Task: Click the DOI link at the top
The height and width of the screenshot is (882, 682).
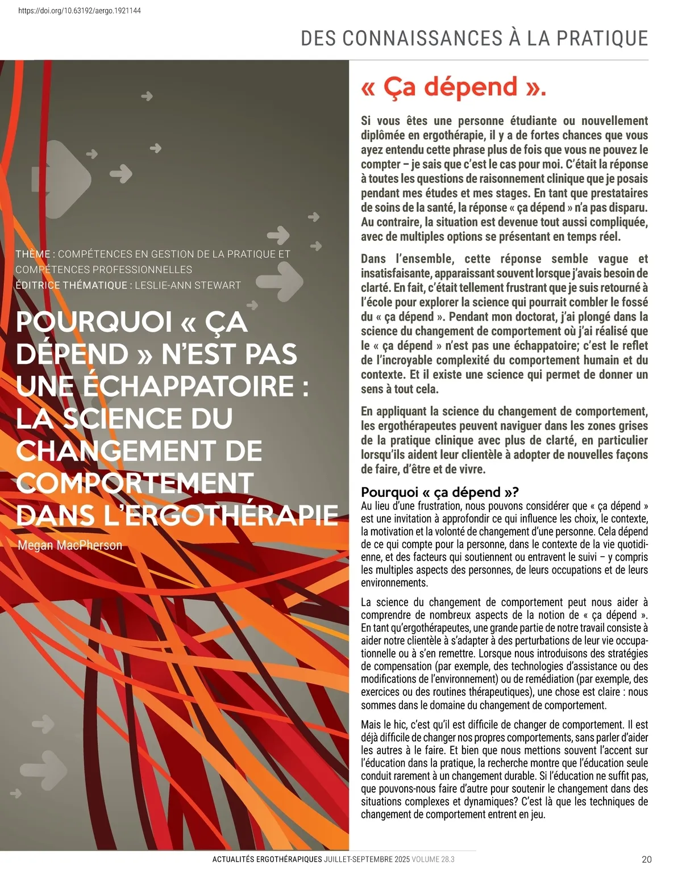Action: [80, 11]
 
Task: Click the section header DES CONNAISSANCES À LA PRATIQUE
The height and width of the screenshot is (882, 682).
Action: [475, 39]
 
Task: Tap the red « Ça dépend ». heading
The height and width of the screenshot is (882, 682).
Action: [453, 87]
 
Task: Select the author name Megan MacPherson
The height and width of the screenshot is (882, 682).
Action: [70, 545]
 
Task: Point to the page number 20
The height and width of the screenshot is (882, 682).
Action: [647, 859]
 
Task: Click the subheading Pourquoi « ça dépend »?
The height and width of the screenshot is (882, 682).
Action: [440, 492]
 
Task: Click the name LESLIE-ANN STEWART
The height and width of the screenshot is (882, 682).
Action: [188, 285]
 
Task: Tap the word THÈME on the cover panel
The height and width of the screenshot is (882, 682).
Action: [33, 254]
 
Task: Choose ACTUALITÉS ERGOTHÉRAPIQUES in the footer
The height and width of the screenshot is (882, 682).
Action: [267, 859]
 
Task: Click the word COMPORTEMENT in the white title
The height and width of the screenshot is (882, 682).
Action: [135, 483]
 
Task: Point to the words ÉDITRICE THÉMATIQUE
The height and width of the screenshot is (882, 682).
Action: [72, 285]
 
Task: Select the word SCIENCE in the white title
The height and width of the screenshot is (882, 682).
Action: [148, 419]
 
